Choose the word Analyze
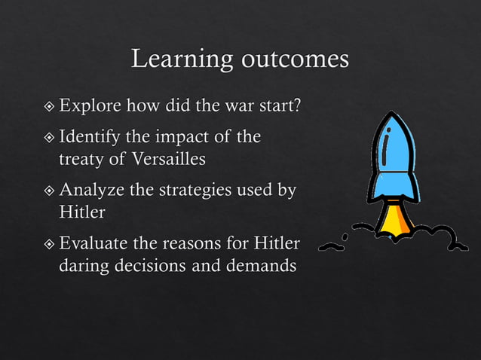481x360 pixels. [x=90, y=191]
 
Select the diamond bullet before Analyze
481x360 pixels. [x=50, y=192]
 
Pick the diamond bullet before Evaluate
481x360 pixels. [x=50, y=245]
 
